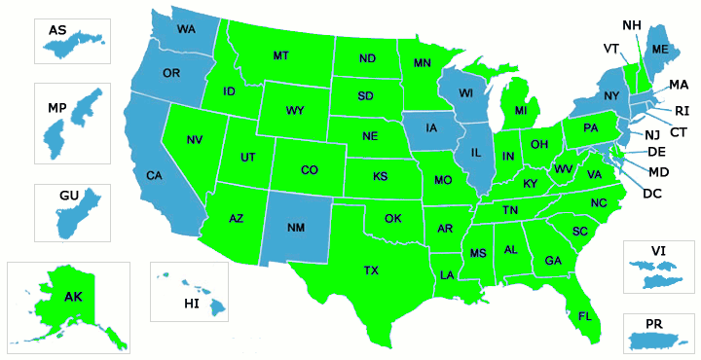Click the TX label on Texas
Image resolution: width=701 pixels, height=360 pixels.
pos(371,270)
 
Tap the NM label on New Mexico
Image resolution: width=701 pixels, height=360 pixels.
pos(297,228)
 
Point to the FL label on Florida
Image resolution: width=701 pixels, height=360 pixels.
pos(584,316)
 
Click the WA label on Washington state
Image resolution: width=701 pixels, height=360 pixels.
pos(186,29)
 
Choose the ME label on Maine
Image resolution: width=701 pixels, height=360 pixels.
pos(660,50)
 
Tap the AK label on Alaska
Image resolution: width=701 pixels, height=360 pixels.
pos(74,296)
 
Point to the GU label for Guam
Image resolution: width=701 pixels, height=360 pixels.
pos(68,196)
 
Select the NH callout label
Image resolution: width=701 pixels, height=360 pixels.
pos(631,24)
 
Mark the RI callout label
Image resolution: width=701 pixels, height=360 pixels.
pos(682,110)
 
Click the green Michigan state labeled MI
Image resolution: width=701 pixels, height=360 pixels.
pos(519,112)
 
